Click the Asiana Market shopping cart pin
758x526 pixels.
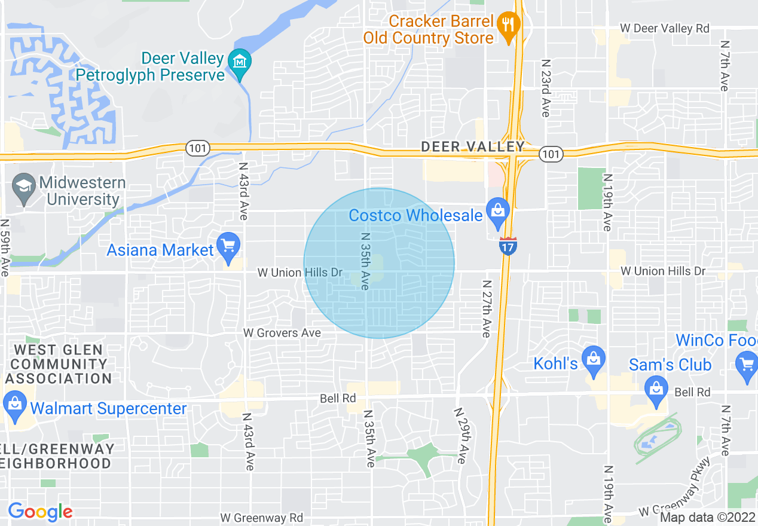(228, 247)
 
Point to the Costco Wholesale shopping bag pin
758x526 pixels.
(497, 212)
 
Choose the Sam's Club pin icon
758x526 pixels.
(656, 390)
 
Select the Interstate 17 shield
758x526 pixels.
(508, 246)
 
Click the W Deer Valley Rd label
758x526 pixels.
(664, 28)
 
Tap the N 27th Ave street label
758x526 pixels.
(487, 308)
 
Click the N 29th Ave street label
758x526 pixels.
(461, 436)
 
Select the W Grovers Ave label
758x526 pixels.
(282, 333)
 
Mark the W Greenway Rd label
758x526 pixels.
(261, 518)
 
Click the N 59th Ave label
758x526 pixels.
(5, 247)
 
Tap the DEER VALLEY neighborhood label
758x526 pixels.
(472, 146)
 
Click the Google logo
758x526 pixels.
(40, 511)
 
